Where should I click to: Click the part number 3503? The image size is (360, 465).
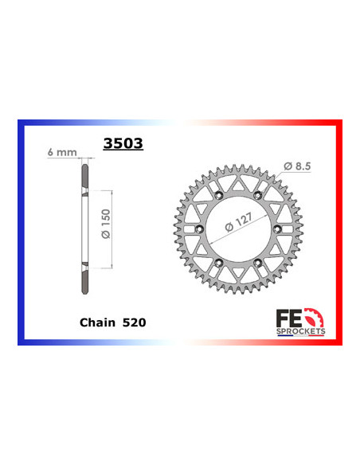pyautogui.click(x=120, y=144)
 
